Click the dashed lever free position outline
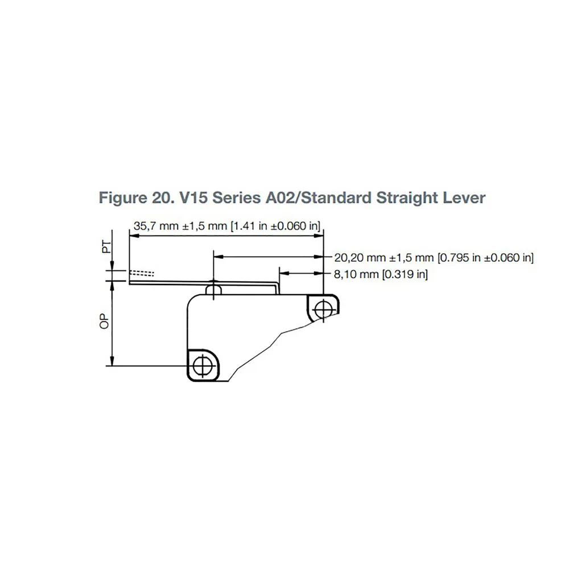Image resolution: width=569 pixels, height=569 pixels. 142,273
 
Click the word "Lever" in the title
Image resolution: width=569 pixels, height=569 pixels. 467,198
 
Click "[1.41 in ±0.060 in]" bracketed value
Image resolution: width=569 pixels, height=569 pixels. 276,226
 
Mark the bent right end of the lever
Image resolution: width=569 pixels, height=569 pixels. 279,282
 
